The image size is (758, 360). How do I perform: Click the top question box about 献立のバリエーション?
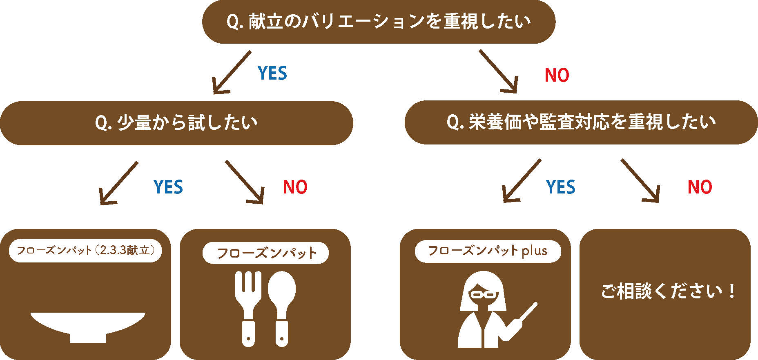[x=379, y=22]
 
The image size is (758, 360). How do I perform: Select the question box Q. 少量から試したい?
[x=176, y=123]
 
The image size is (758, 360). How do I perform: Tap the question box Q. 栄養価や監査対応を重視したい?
[x=581, y=122]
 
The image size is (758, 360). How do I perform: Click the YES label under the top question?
[x=272, y=73]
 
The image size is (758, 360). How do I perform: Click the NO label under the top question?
[x=557, y=76]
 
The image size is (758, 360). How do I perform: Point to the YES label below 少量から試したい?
[x=168, y=187]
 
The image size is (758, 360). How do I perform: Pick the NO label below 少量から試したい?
[x=295, y=187]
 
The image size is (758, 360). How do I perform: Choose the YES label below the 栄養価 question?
[x=561, y=187]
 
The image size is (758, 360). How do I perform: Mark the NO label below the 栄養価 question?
[x=700, y=187]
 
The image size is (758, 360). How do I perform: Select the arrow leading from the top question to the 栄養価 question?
[x=499, y=72]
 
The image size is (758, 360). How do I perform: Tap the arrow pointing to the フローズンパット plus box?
[x=521, y=181]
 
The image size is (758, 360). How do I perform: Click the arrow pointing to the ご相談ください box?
[x=640, y=181]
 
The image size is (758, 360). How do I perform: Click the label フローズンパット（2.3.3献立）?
[x=85, y=250]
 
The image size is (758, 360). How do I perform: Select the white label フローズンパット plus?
[x=488, y=251]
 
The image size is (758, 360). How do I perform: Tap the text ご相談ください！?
[x=667, y=291]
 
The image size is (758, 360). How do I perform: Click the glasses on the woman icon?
[x=484, y=294]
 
